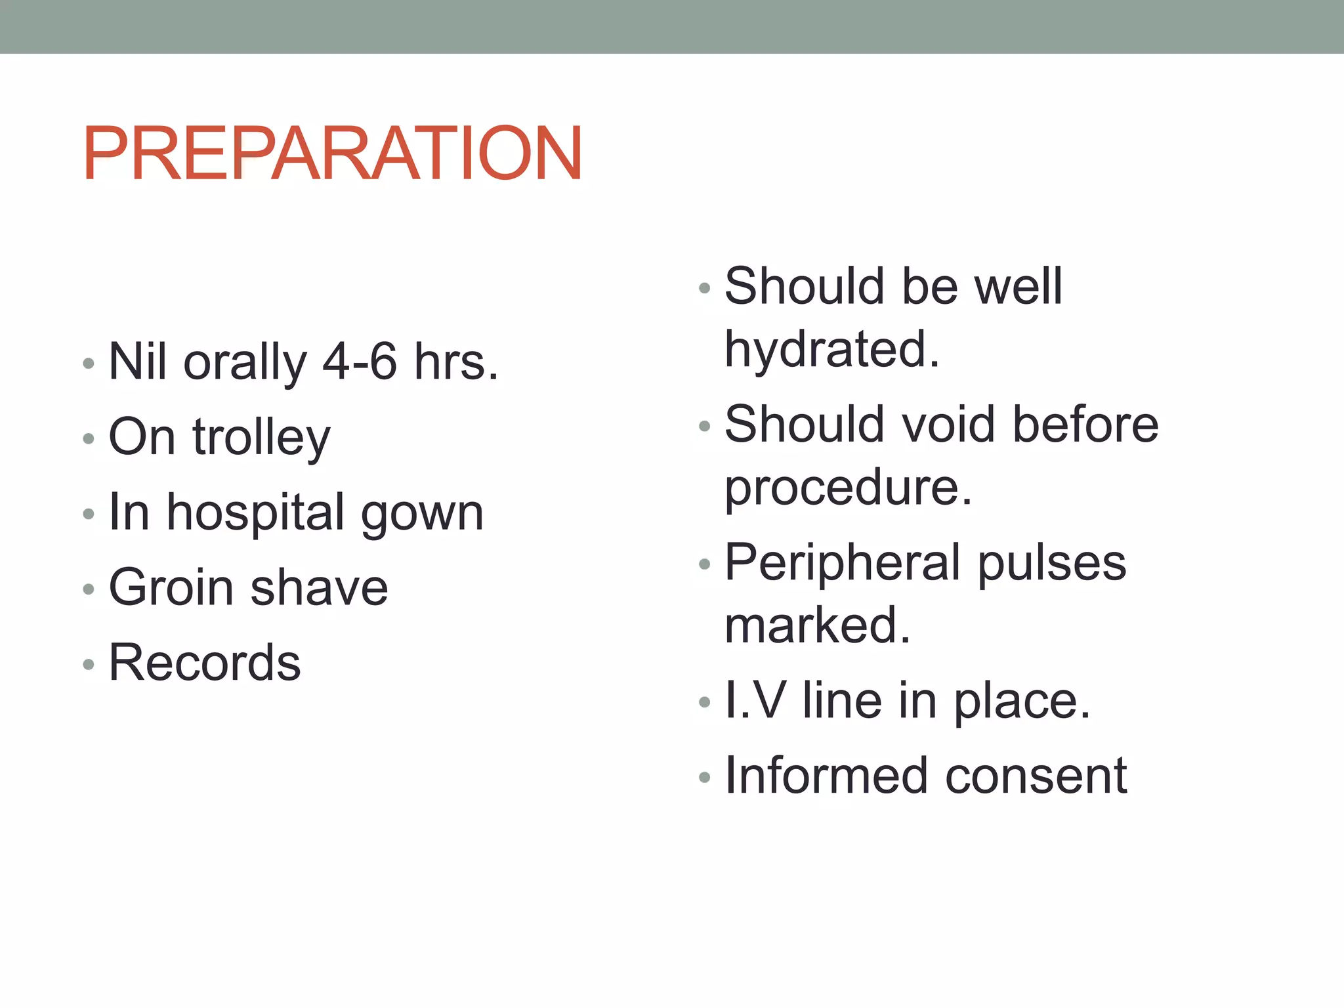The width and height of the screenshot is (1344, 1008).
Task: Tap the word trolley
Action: pos(261,438)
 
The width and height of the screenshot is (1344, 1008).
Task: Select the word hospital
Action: pos(255,514)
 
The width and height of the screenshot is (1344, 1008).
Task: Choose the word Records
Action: pos(204,662)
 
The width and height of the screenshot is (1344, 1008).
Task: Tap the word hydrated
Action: pos(831,349)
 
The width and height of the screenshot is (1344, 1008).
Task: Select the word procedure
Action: pos(847,489)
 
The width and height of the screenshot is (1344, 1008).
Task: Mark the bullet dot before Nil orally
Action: pos(89,363)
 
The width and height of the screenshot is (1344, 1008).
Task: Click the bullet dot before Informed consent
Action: pos(705,778)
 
